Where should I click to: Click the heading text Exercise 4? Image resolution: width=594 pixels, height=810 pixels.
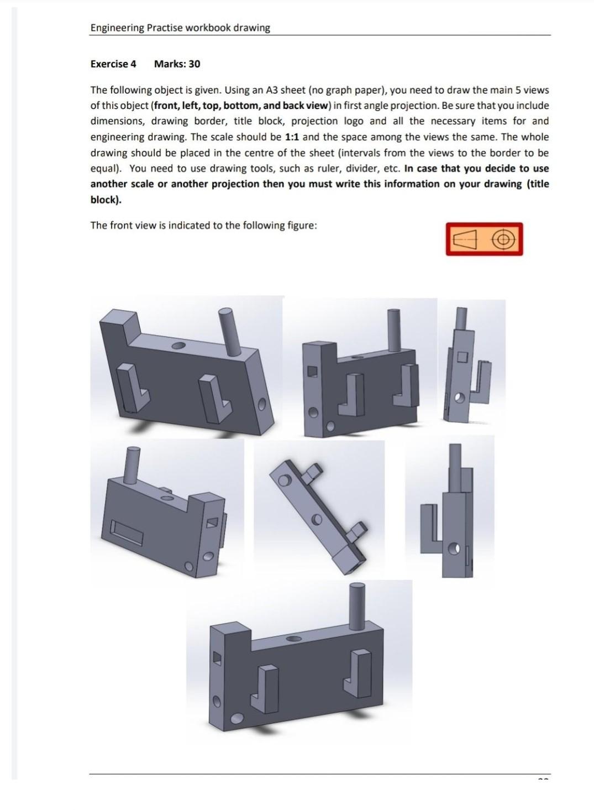coord(113,64)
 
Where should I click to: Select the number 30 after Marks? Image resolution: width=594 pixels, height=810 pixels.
coord(194,64)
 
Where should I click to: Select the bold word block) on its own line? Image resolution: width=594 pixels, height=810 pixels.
coord(106,200)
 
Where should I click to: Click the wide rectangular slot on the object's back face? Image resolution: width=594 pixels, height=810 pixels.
coord(127,531)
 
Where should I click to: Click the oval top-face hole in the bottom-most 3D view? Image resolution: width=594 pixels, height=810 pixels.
coord(293,639)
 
